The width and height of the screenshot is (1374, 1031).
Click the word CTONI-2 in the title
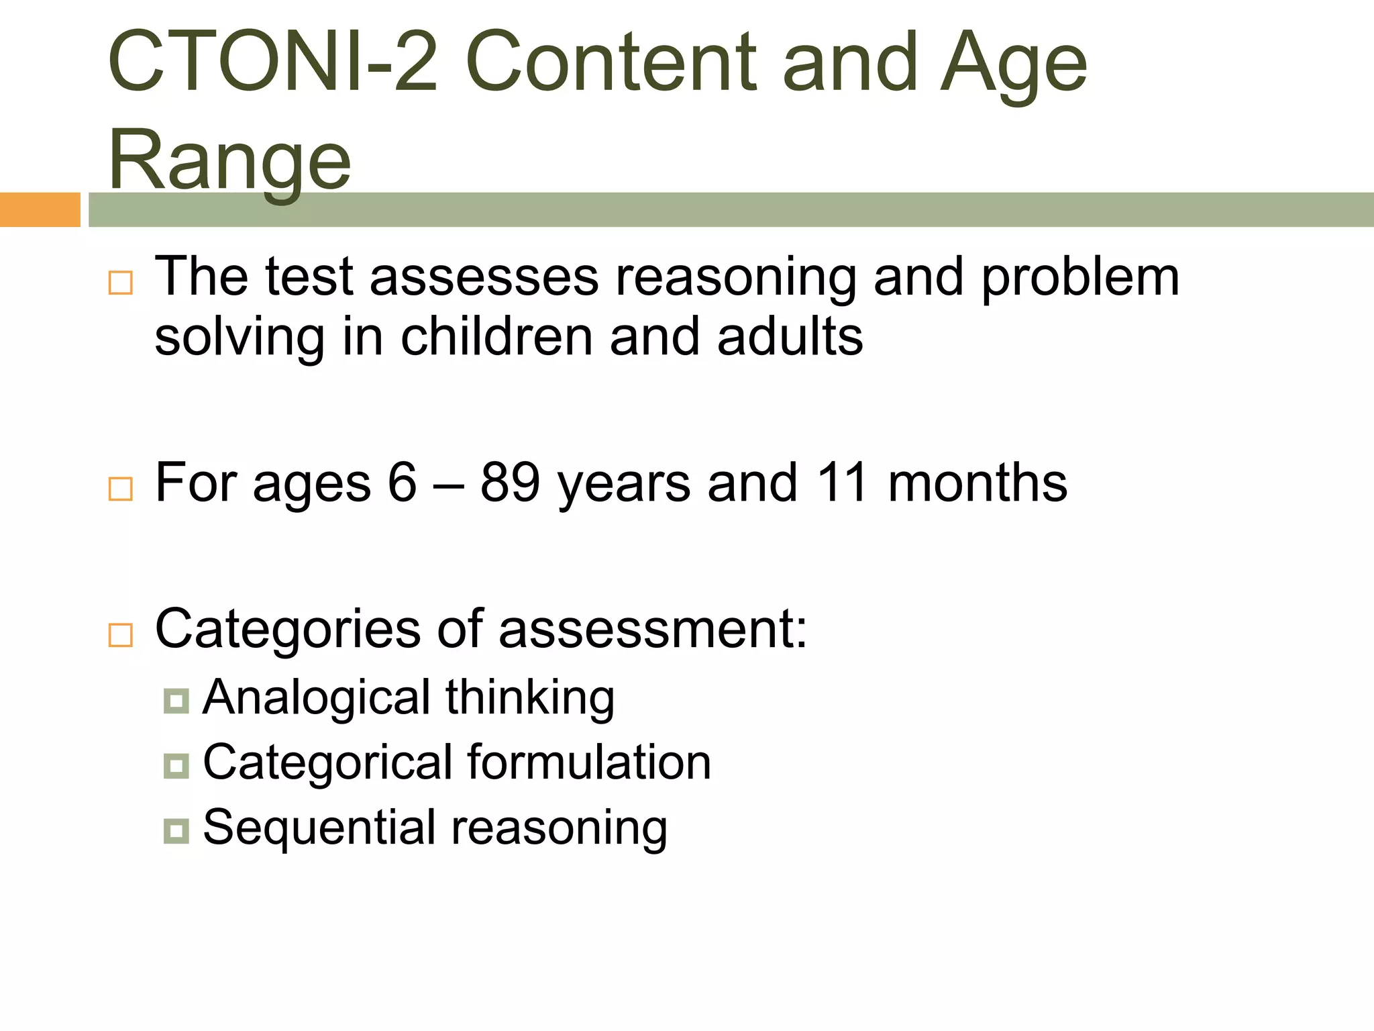click(272, 62)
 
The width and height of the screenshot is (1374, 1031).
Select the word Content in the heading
click(611, 62)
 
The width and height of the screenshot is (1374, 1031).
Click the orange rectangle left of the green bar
click(40, 209)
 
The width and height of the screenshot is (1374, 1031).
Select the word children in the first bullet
click(496, 337)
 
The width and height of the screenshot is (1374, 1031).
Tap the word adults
click(790, 337)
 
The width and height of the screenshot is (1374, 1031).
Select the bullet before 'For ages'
click(121, 489)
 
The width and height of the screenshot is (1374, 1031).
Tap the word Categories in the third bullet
click(287, 630)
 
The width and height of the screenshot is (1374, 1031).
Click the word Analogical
click(316, 698)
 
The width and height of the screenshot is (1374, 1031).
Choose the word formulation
click(589, 763)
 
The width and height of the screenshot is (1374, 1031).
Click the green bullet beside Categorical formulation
click(176, 766)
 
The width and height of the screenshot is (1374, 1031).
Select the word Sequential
click(319, 827)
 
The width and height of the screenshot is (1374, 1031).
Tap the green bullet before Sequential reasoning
click(176, 831)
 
